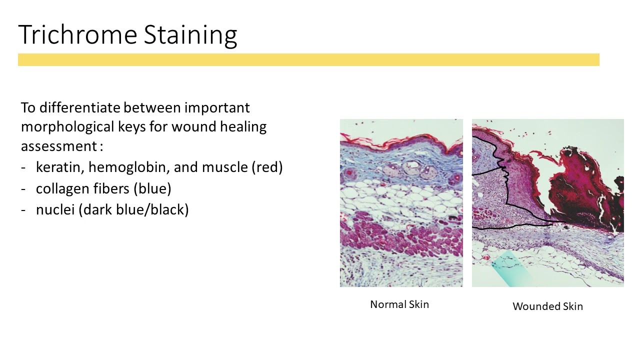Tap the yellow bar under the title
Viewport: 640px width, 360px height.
(308, 60)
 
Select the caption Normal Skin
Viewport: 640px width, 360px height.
(399, 304)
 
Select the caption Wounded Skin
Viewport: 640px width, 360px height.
(547, 306)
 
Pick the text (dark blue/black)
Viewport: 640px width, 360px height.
(133, 209)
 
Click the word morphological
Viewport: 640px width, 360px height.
(67, 127)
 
